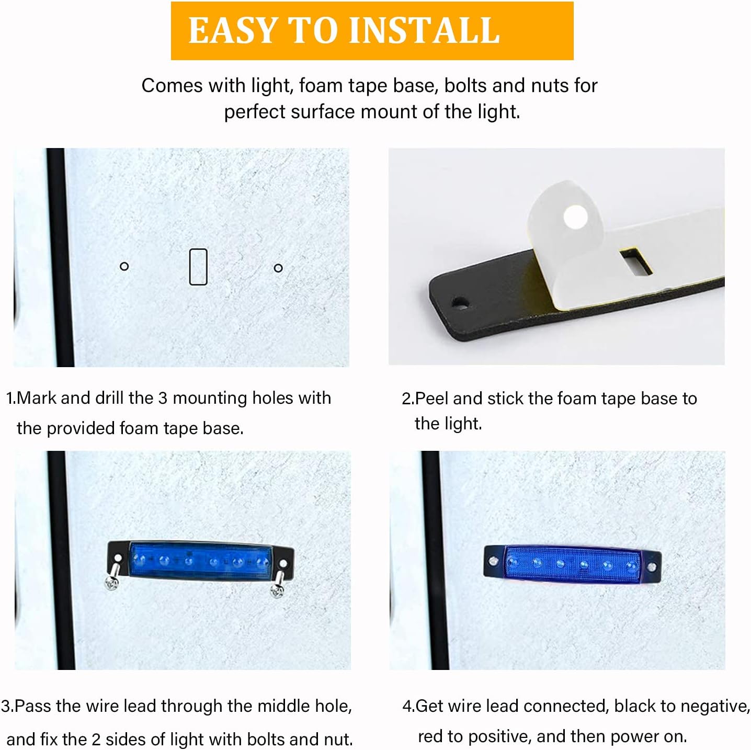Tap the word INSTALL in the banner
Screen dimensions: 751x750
[x=424, y=30]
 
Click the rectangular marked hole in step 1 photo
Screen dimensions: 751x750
[x=198, y=267]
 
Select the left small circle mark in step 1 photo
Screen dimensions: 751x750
[x=124, y=266]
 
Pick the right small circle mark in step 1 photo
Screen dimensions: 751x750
[x=278, y=268]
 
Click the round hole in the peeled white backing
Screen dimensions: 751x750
[x=575, y=216]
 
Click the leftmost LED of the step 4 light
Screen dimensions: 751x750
[x=513, y=562]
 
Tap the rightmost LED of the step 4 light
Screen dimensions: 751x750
[x=631, y=565]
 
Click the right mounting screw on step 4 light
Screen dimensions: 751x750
[x=651, y=567]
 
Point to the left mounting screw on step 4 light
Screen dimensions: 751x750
[x=493, y=561]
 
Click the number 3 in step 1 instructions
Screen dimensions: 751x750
[x=163, y=398]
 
